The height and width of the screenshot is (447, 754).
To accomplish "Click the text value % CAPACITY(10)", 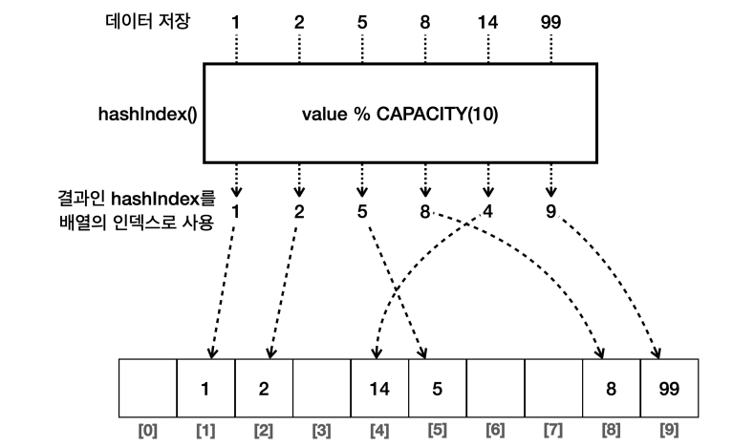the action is coord(400,115).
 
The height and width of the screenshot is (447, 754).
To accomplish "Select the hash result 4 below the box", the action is coord(488,210).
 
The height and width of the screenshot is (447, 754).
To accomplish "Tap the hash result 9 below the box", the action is coord(551,210).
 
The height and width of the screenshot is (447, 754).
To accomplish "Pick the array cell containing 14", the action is coord(380,389).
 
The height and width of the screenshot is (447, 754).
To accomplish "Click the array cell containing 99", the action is coord(670,389).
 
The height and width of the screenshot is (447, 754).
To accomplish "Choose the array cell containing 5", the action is coord(438,389).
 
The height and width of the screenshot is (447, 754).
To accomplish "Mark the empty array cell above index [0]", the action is coord(148,389).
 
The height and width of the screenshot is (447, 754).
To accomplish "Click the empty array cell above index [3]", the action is coord(322,389).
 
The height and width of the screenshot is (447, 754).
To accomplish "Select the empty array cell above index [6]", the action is coord(496,389).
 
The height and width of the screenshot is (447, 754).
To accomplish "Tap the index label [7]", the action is coord(553,431).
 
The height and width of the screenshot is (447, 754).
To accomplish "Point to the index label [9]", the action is coord(670,431).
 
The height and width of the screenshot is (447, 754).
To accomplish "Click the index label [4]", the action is coord(379,431).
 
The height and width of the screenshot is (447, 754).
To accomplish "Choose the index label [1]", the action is coord(205,431).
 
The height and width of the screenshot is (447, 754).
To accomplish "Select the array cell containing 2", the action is coord(264,389).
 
